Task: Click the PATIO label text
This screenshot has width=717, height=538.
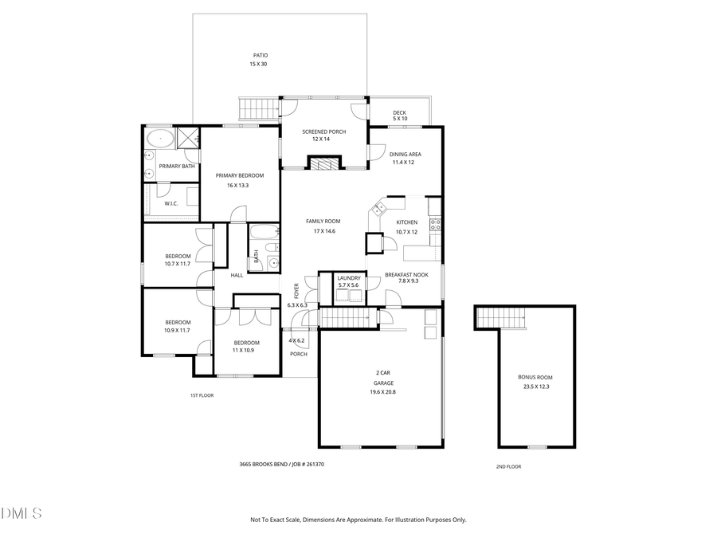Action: pyautogui.click(x=261, y=55)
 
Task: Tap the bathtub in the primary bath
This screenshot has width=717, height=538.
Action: pyautogui.click(x=160, y=139)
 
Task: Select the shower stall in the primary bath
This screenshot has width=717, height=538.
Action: pyautogui.click(x=188, y=139)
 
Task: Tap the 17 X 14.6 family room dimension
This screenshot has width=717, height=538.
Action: pyautogui.click(x=323, y=231)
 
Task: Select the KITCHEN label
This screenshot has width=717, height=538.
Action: pyautogui.click(x=407, y=222)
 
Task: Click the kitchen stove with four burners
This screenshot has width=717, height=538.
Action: pyautogui.click(x=436, y=224)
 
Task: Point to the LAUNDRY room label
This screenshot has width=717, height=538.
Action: pyautogui.click(x=348, y=277)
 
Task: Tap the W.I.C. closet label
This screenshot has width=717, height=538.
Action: pyautogui.click(x=171, y=203)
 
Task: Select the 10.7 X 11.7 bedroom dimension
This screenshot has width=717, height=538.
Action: pyautogui.click(x=178, y=264)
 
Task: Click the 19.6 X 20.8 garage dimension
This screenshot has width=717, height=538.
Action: pyautogui.click(x=382, y=392)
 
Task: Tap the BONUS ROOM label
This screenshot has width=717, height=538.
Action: pyautogui.click(x=535, y=377)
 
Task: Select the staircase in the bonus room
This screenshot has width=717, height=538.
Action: pyautogui.click(x=502, y=319)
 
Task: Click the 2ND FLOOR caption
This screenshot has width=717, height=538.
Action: pyautogui.click(x=508, y=466)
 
